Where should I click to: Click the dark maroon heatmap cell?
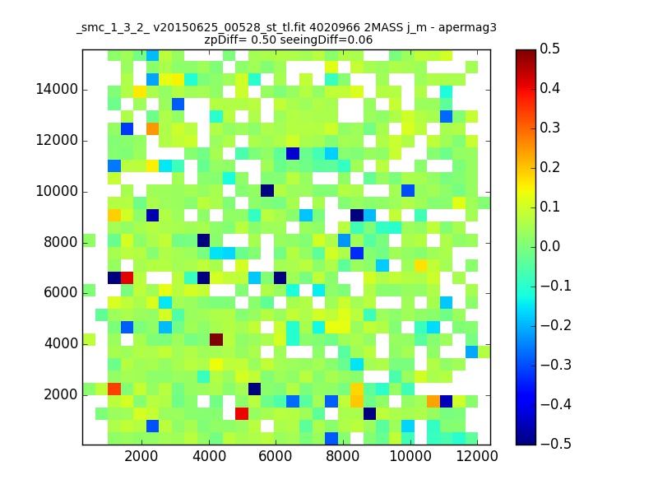point(216,339)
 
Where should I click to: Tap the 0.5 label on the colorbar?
point(549,49)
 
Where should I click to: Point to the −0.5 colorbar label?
point(556,444)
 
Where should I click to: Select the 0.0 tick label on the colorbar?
point(549,246)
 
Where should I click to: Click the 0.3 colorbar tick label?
point(549,128)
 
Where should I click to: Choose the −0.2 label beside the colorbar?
point(556,325)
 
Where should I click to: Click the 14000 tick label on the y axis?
point(57,90)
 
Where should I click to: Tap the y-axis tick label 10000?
point(57,192)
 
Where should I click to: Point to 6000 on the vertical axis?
point(61,293)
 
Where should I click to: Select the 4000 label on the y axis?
point(61,343)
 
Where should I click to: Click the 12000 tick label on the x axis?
point(477,456)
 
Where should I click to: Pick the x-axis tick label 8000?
point(342,456)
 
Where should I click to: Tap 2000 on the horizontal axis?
point(141,456)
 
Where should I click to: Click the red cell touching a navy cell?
point(127,277)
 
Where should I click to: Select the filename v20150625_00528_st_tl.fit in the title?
point(229,28)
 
